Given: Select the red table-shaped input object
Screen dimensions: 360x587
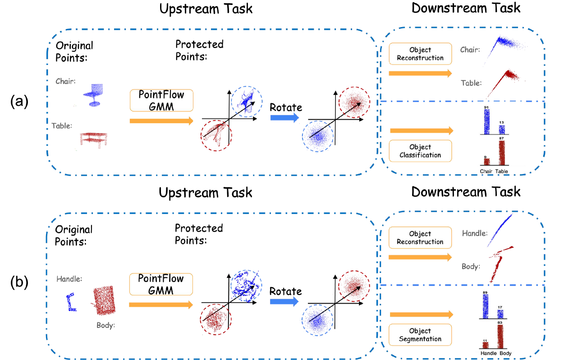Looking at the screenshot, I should [x=94, y=139].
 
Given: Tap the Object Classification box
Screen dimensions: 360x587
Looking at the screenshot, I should [x=420, y=151].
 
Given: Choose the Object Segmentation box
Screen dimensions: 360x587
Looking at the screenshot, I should [x=420, y=335].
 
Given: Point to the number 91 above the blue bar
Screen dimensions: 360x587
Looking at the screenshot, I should [x=486, y=107].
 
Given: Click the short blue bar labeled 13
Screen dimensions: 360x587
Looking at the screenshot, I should [x=501, y=129].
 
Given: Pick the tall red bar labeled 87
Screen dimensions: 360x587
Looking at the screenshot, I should [x=501, y=153].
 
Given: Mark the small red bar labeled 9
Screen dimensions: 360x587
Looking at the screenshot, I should [x=486, y=162].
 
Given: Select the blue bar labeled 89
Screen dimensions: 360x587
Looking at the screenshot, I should [x=485, y=306].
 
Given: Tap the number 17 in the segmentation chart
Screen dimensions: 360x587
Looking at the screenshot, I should [x=500, y=307].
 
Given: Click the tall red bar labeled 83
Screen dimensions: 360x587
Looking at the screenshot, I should [x=500, y=337].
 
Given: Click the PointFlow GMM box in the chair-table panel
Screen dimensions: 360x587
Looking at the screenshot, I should [x=161, y=101].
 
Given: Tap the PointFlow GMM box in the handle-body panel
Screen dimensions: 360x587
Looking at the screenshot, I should [x=161, y=284].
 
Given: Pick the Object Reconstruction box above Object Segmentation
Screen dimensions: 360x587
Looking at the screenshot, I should [x=420, y=238].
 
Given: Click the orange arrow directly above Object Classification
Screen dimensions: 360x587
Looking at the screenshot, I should [x=421, y=131].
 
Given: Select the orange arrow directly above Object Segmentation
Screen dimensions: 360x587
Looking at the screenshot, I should [x=421, y=314].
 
